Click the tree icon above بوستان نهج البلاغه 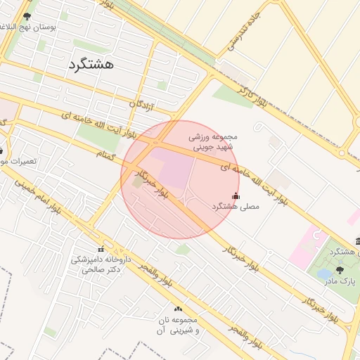click(27, 15)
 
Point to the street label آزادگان click(142, 105)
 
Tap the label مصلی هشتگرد click(236, 207)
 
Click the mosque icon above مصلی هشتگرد click(235, 195)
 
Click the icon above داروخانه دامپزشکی click(101, 249)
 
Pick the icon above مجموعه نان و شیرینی click(177, 309)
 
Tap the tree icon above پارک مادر click(341, 269)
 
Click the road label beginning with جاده click(245, 32)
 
